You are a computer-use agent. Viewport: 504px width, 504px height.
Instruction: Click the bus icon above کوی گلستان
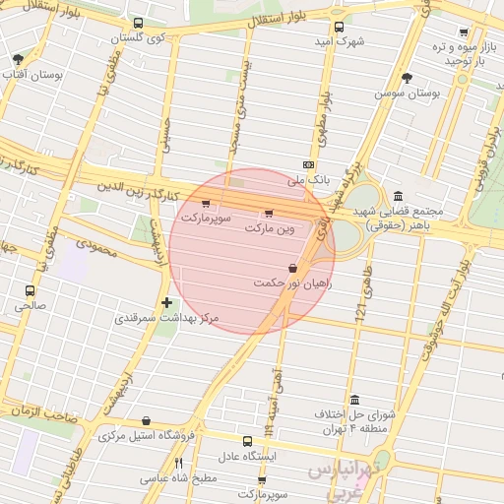[x=137, y=22]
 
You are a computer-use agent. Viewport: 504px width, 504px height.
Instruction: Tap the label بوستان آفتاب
[x=31, y=76]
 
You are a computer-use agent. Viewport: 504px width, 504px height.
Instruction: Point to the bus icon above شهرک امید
[x=340, y=28]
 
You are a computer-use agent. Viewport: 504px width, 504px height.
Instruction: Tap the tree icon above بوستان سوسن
[x=408, y=78]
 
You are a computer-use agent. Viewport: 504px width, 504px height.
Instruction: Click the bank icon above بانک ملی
[x=309, y=165]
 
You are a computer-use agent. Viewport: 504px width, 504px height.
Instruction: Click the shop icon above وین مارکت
[x=269, y=213]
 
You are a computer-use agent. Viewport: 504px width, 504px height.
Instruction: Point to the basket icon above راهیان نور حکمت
[x=292, y=268]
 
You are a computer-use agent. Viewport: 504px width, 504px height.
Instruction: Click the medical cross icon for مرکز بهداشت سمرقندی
[x=166, y=303]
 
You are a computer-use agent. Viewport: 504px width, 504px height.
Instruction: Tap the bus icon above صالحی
[x=30, y=290]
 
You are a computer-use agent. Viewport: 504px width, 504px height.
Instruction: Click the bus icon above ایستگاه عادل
[x=248, y=441]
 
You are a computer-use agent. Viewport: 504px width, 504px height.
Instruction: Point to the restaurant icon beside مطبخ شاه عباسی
[x=178, y=463]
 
